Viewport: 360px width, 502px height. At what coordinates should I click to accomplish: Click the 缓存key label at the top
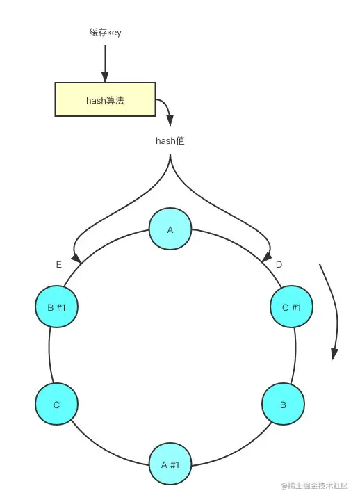(x=104, y=33)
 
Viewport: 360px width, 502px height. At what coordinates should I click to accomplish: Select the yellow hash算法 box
(x=104, y=99)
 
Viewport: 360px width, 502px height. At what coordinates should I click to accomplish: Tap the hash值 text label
(x=170, y=140)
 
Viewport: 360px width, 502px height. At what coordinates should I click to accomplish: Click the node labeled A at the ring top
(x=170, y=229)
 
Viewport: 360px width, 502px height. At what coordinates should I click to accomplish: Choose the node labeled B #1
(x=56, y=307)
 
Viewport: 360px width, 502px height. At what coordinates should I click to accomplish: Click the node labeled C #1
(x=291, y=307)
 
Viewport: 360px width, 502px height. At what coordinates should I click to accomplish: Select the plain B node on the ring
(x=283, y=403)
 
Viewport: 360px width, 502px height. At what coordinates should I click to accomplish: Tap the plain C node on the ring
(x=56, y=403)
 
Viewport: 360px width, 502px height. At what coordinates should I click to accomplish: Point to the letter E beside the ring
(x=59, y=265)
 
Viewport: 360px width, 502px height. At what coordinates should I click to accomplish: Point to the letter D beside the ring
(x=279, y=265)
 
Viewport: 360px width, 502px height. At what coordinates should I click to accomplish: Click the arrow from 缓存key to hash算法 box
(x=104, y=63)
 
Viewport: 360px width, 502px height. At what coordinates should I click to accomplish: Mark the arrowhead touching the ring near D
(x=264, y=259)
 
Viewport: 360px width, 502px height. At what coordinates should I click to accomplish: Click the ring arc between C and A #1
(x=104, y=445)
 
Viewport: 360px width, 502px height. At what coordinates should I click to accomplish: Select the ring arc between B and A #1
(x=236, y=445)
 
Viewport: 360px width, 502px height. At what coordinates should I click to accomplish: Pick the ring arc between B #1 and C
(x=49, y=355)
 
